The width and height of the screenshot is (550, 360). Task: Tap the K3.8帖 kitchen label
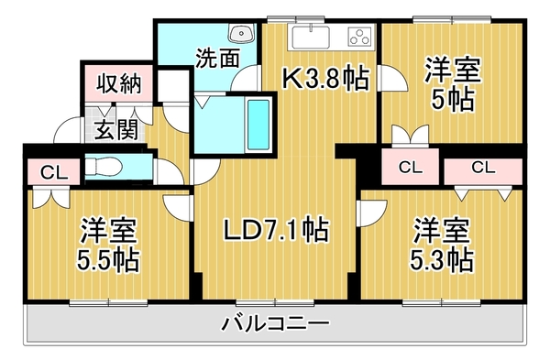[x=324, y=80]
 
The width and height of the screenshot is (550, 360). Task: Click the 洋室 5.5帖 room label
[x=107, y=245]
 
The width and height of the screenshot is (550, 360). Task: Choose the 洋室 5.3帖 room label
[x=441, y=245]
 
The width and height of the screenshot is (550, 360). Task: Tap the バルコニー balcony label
[x=276, y=323]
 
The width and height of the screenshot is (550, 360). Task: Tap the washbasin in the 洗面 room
[x=243, y=35]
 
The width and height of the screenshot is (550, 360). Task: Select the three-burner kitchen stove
[x=358, y=38]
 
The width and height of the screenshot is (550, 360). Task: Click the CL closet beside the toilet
[x=49, y=171]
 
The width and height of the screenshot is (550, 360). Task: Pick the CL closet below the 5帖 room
[x=409, y=168]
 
